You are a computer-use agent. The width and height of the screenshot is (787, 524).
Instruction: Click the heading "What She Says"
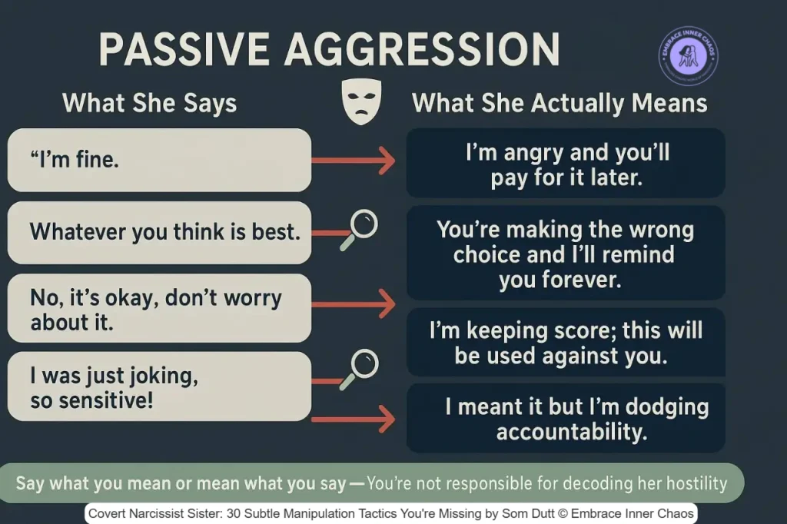[x=149, y=103]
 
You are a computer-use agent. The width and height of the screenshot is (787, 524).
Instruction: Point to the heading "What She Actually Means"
[x=560, y=103]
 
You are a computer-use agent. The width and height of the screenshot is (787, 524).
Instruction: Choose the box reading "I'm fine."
[x=159, y=160]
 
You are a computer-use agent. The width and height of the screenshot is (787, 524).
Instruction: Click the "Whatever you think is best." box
[x=159, y=232]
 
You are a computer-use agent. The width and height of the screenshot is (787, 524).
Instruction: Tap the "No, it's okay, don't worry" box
[x=159, y=308]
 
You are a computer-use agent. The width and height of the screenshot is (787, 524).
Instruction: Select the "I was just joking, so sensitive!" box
[x=159, y=386]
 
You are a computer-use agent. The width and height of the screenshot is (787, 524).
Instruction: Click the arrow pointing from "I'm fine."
[x=353, y=161]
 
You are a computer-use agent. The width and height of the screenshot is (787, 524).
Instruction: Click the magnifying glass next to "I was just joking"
[x=362, y=365]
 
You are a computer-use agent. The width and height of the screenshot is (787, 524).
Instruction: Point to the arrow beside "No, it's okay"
[x=353, y=305]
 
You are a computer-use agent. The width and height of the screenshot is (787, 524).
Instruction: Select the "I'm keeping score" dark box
[x=566, y=343]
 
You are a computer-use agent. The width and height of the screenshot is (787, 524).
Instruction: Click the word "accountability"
[x=571, y=432]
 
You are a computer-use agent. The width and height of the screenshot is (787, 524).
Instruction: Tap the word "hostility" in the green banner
[x=687, y=483]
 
